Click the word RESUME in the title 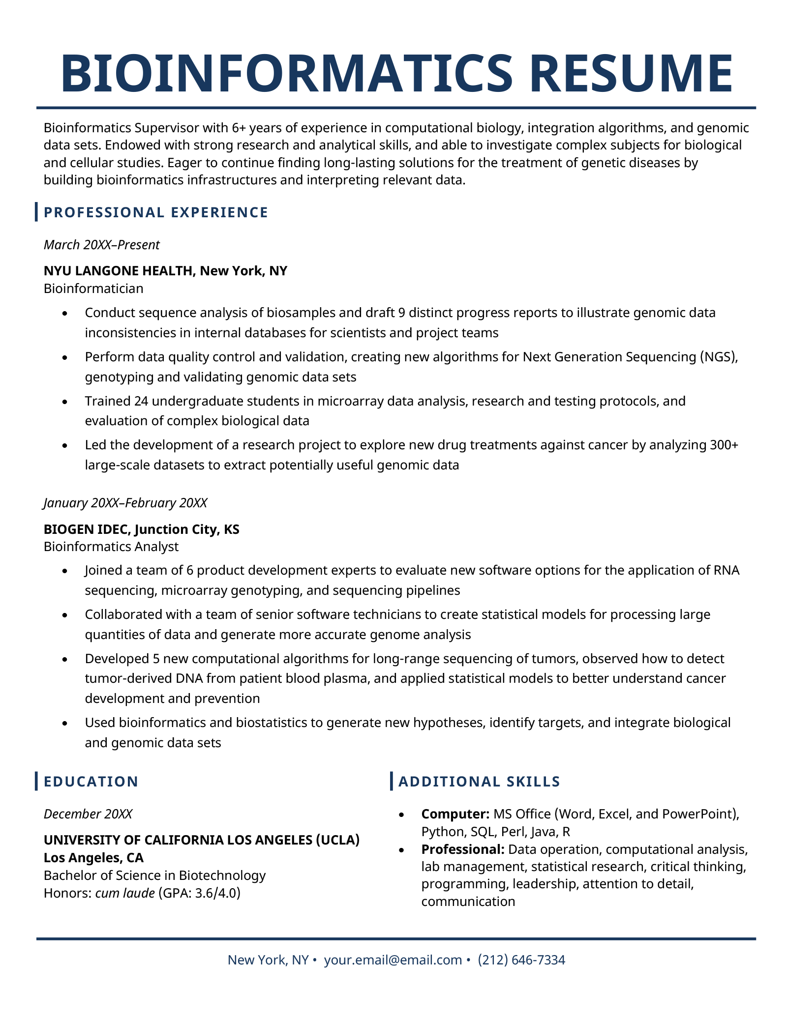tap(632, 73)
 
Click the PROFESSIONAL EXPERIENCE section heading tap(156, 212)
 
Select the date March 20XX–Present tap(101, 245)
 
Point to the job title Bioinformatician tap(93, 288)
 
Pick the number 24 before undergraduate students tap(140, 401)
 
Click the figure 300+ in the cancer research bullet tap(725, 445)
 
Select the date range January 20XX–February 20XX tap(125, 503)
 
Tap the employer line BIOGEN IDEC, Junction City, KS tap(142, 529)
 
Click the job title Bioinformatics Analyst tap(111, 546)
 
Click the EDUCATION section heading tap(91, 782)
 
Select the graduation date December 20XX tap(88, 814)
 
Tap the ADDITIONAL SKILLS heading tap(479, 782)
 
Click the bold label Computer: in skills tap(455, 814)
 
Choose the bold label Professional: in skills tap(463, 849)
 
